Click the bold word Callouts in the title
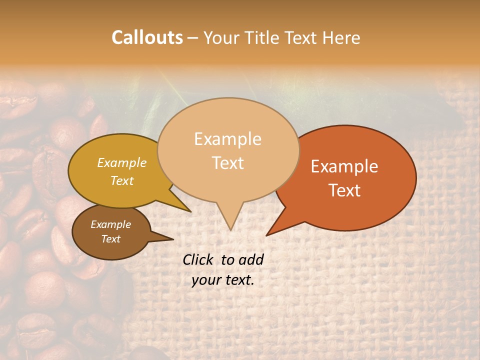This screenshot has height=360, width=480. [147, 37]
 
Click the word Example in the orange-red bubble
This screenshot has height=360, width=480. [344, 166]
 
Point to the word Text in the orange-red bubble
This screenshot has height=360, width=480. [344, 190]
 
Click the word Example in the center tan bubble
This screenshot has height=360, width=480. [227, 139]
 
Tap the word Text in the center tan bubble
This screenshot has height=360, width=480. [227, 163]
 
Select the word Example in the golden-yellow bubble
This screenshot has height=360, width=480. [122, 162]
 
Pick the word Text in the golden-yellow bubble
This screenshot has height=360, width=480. [122, 180]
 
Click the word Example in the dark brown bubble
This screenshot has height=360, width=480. [110, 224]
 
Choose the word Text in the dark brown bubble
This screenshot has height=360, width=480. [110, 239]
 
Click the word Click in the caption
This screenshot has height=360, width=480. [198, 259]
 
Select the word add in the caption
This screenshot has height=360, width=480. [251, 259]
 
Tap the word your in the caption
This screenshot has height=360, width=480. [205, 280]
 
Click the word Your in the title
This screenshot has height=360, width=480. [220, 37]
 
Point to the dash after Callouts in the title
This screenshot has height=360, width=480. [193, 38]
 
